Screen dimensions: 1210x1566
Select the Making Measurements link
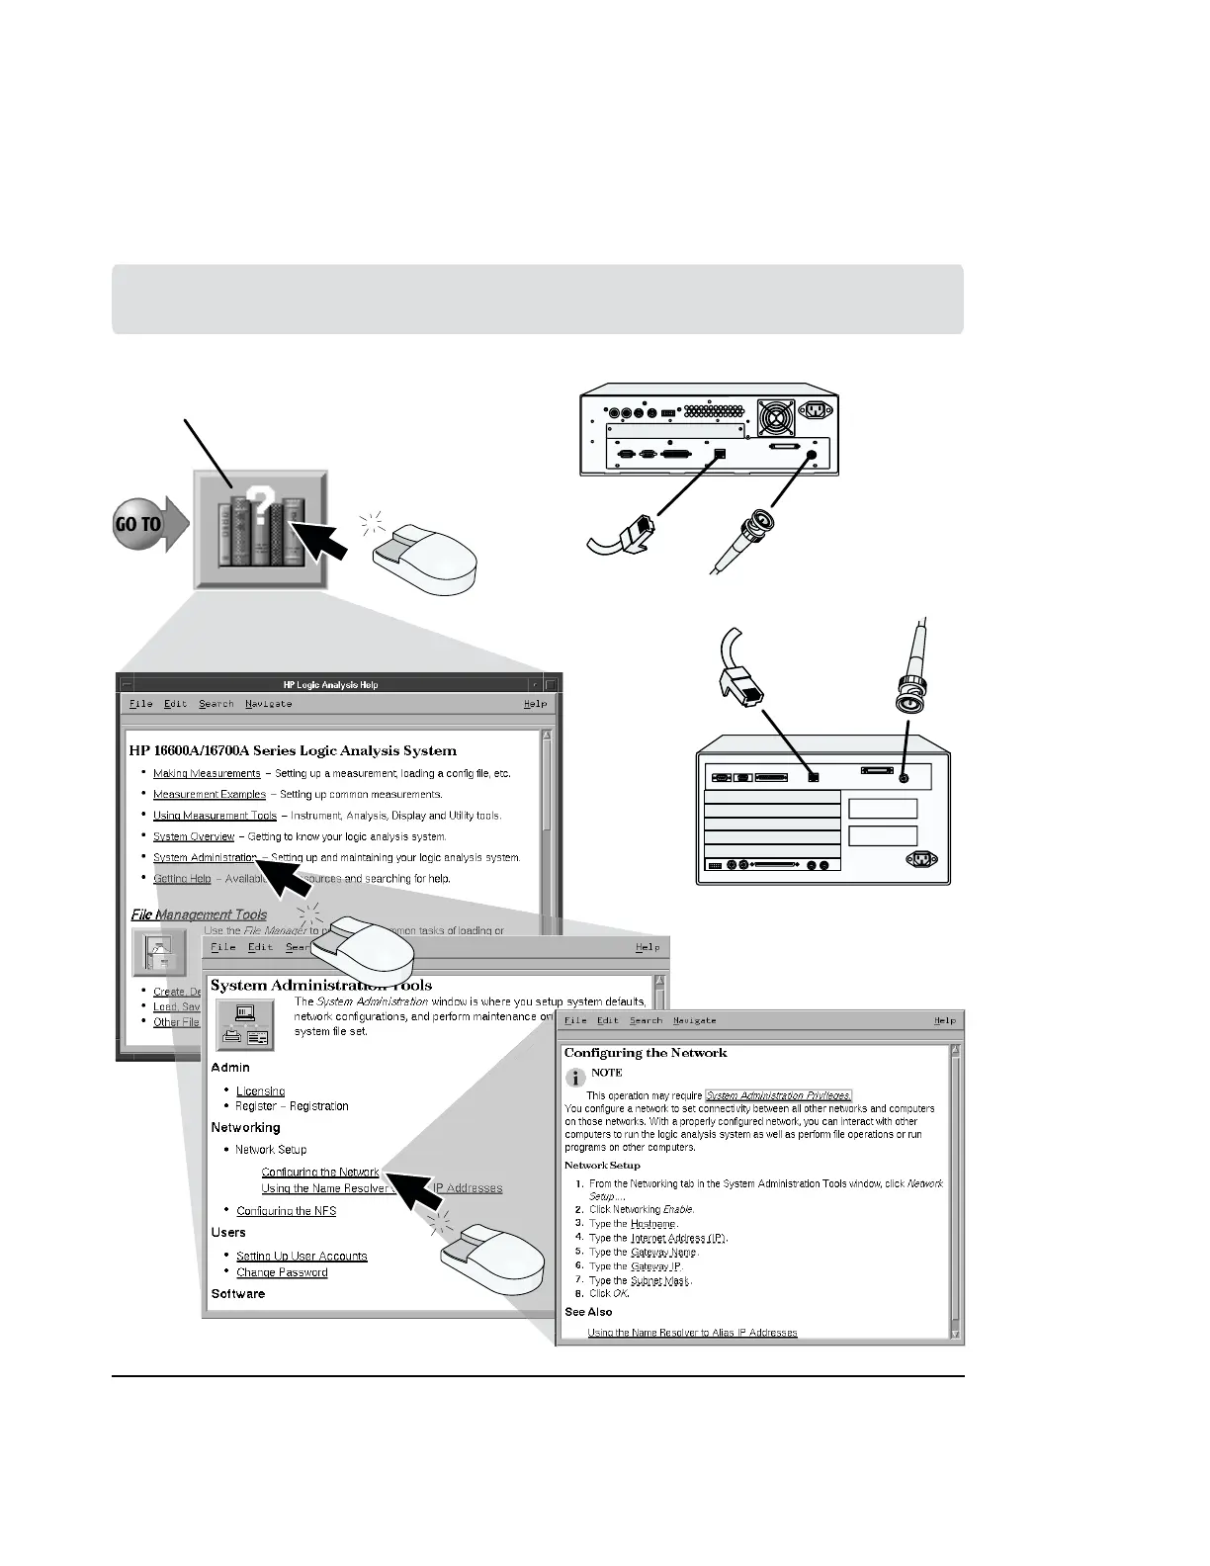pos(207,773)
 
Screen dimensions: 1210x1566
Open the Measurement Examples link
pos(209,794)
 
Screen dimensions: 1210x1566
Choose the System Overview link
pos(194,836)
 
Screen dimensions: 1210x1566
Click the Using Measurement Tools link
pos(215,816)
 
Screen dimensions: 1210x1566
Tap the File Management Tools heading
pos(199,914)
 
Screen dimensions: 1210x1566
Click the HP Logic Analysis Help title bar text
pos(330,684)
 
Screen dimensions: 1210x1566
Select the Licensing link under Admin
pos(260,1091)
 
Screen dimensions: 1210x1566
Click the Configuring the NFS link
pos(286,1211)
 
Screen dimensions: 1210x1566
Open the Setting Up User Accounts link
pos(302,1257)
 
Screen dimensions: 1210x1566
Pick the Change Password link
pos(282,1272)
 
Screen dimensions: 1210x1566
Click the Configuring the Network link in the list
pos(320,1173)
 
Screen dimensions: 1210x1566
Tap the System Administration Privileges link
pos(778,1095)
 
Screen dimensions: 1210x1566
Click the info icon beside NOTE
pos(573,1078)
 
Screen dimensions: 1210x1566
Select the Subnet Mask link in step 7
pos(660,1280)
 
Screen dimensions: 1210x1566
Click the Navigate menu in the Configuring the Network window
pos(694,1020)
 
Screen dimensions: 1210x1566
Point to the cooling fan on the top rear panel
pos(775,417)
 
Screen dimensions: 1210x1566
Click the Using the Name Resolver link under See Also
pos(692,1333)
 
